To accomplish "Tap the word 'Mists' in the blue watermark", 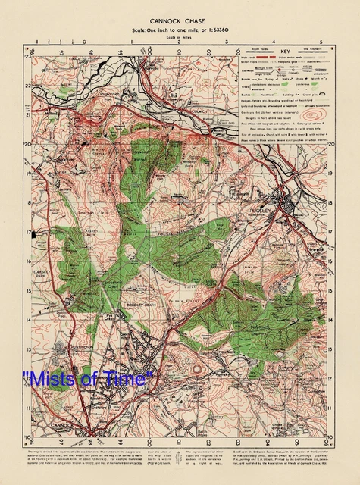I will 50,377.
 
